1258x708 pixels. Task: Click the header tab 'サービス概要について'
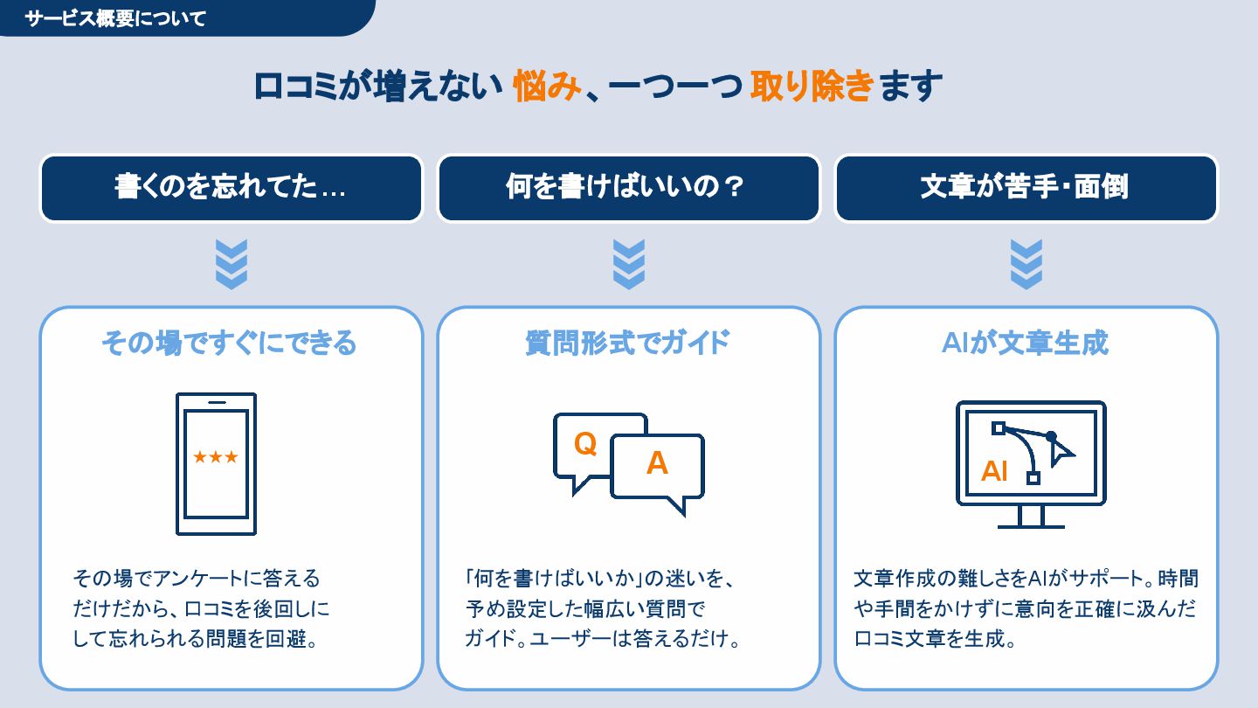[116, 18]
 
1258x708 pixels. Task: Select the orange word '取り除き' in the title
[812, 87]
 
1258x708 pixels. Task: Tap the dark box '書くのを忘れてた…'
[231, 188]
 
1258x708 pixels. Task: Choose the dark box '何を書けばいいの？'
[628, 188]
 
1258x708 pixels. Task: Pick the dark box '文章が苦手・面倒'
[1026, 188]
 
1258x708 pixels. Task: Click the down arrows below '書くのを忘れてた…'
[232, 264]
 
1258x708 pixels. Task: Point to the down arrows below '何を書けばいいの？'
[629, 264]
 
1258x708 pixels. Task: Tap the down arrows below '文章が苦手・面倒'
[1026, 264]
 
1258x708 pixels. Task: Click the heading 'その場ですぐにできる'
[229, 343]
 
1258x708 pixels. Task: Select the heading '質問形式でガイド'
[627, 343]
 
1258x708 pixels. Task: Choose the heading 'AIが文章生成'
[1025, 343]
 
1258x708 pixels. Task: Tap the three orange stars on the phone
[216, 457]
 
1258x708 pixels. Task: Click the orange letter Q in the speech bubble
[585, 444]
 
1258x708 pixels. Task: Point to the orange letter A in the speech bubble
[657, 463]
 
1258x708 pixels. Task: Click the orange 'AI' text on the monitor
[994, 471]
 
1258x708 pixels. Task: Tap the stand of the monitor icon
[1031, 517]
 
